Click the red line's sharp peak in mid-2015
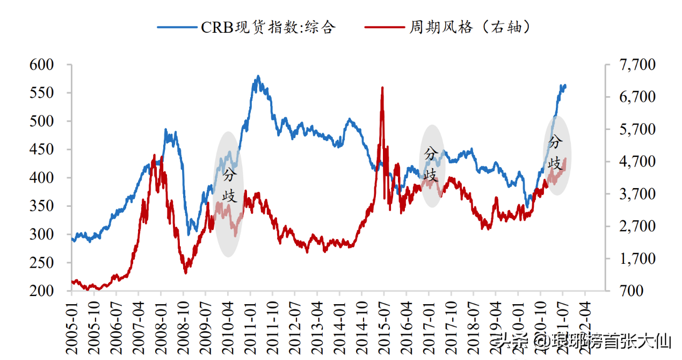[382, 88]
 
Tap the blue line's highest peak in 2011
[258, 76]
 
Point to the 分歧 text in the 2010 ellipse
[229, 185]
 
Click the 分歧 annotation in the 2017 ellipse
[431, 164]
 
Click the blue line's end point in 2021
[565, 85]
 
